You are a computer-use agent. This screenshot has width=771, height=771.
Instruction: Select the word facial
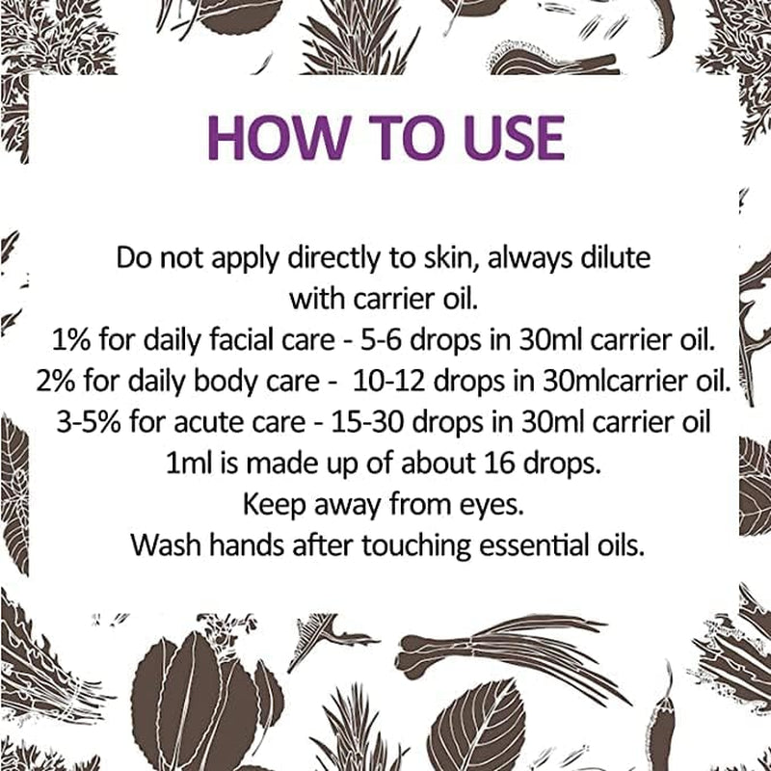235,341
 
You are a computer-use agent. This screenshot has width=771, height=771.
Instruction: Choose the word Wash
164,545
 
